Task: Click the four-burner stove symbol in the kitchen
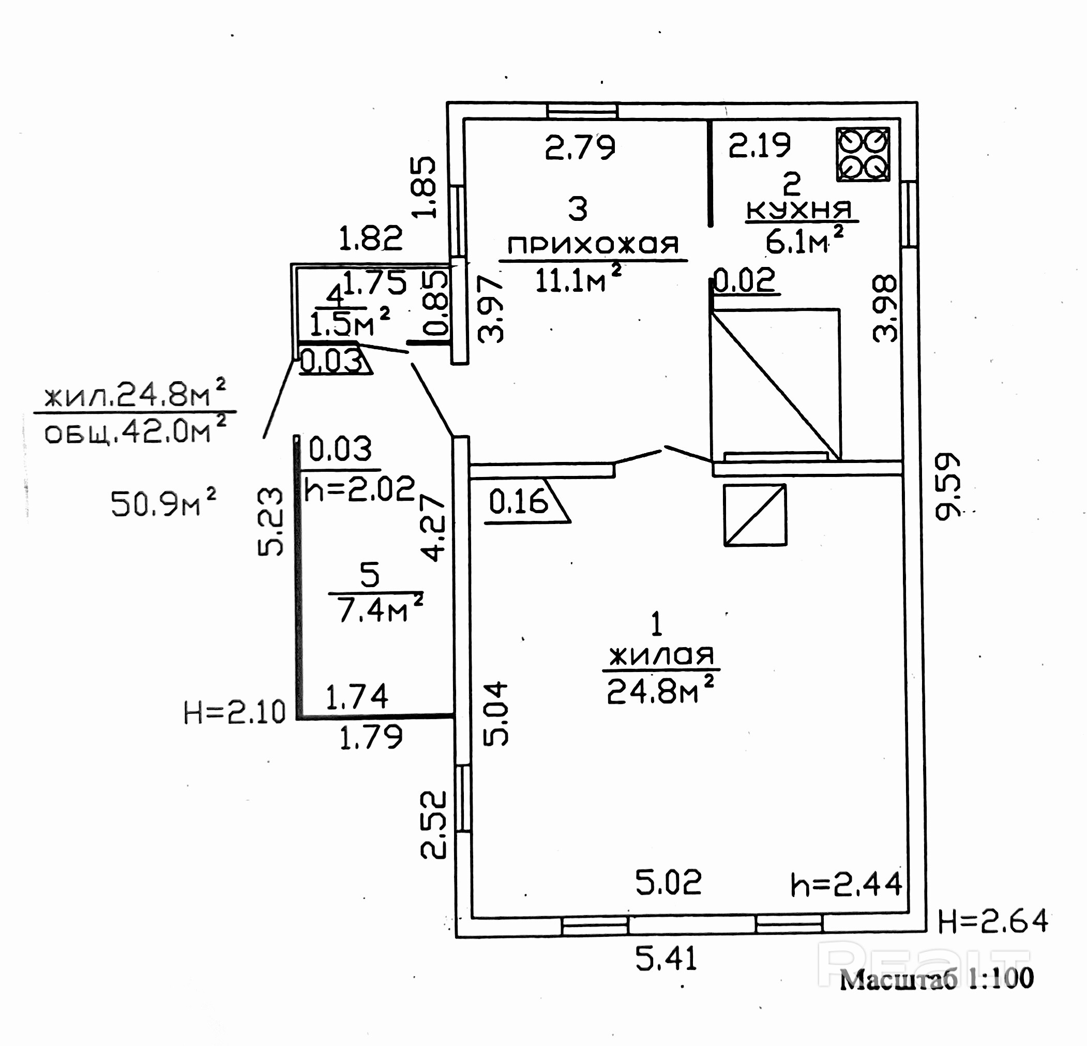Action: click(x=863, y=154)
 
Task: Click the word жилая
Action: click(x=661, y=656)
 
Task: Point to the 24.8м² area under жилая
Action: click(x=660, y=690)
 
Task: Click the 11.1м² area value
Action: click(x=577, y=279)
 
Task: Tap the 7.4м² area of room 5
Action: click(x=380, y=610)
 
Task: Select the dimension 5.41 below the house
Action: click(x=666, y=960)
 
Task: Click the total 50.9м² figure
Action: click(x=163, y=503)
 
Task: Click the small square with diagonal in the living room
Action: click(x=755, y=515)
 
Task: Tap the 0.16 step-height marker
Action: click(x=519, y=502)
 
